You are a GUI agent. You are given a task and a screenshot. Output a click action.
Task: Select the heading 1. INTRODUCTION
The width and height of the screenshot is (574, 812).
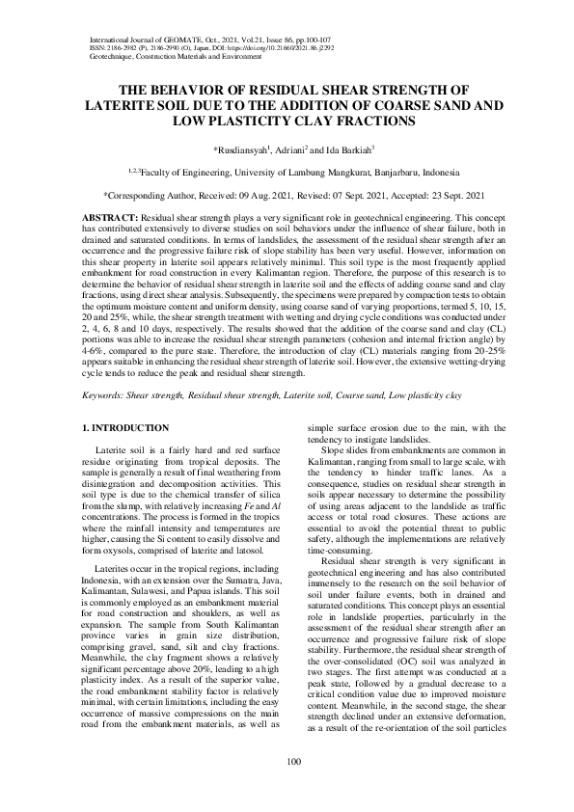[125, 427]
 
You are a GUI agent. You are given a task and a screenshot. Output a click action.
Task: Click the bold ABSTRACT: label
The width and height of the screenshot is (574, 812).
[111, 220]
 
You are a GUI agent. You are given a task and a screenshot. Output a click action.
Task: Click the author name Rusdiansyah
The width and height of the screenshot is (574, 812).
[243, 150]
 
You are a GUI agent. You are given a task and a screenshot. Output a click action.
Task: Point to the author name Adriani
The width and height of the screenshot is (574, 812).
[290, 150]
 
